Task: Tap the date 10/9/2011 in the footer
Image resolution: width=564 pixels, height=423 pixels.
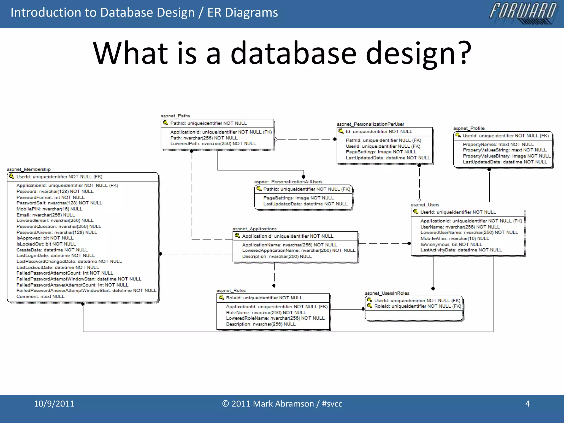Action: coord(54,404)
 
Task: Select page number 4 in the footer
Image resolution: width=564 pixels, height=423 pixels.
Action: coord(527,404)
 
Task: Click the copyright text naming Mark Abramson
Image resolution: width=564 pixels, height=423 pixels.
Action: coord(282,404)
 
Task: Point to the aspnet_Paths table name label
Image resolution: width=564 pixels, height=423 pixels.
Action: coord(175,116)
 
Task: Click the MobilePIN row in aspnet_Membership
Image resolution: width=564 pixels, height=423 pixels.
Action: coord(49,209)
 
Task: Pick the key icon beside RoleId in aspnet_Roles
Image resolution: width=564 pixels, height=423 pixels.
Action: coord(221,297)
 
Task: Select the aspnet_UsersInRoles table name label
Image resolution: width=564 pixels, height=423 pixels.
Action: coord(387,293)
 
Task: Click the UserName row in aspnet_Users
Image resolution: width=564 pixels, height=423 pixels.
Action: coord(460,227)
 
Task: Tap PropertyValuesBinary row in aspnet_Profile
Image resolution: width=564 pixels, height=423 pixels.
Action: coord(506,156)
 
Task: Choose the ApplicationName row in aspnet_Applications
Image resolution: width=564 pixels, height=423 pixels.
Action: coord(289,245)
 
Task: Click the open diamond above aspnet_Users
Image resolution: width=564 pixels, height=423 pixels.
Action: coord(419,200)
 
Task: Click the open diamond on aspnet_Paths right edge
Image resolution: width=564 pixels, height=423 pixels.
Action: coord(276,139)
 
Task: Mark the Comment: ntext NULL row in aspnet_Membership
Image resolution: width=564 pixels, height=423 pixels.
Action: coord(40,297)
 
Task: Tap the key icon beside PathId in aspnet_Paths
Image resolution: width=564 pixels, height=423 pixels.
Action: coord(166,123)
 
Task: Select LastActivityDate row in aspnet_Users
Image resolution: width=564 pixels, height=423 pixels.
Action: coord(461,250)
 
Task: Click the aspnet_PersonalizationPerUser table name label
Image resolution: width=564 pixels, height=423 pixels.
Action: coord(370,124)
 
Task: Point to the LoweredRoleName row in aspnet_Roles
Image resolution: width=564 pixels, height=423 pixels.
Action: coord(275,318)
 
